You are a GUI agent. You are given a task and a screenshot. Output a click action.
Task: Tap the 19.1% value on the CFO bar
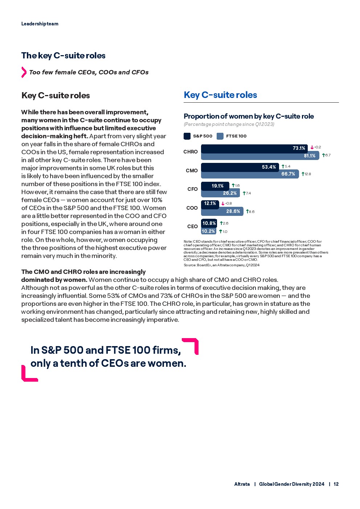[x=218, y=186]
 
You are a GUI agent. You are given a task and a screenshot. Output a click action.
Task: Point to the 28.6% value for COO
[x=233, y=212]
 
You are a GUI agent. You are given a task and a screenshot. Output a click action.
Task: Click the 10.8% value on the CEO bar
[x=209, y=223]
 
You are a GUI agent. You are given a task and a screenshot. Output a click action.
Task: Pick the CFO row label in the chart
[x=192, y=189]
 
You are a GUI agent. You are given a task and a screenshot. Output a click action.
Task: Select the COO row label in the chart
[x=192, y=208]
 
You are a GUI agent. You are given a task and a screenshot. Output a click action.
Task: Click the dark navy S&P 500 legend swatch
[x=187, y=136]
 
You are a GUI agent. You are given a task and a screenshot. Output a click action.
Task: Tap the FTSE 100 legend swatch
[x=220, y=136]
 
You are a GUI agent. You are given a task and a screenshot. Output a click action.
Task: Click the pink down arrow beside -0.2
[x=312, y=148]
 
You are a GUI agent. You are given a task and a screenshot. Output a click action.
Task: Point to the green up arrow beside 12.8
[x=303, y=174]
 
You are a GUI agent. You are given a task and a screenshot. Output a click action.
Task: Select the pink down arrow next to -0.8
[x=223, y=204]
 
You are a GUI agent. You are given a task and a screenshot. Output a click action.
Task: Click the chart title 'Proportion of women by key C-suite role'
[x=249, y=116]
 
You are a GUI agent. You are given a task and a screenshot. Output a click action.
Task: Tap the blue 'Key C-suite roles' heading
[x=220, y=95]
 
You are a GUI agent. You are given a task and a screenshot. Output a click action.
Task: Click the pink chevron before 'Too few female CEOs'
[x=24, y=72]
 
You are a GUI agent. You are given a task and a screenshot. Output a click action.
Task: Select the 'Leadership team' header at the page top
[x=40, y=24]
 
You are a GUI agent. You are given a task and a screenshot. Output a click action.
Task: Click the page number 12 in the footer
[x=336, y=484]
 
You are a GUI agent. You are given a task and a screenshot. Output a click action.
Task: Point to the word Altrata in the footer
[x=242, y=484]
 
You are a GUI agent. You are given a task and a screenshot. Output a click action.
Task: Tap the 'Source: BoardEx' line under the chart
[x=221, y=265]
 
